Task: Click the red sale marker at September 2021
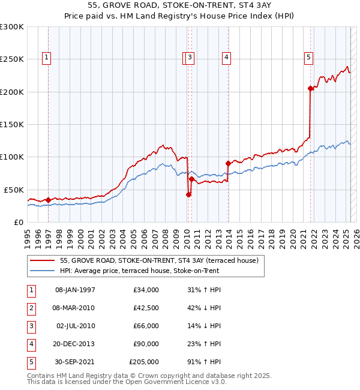(310, 89)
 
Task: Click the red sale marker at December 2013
(228, 163)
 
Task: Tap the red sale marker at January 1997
(48, 200)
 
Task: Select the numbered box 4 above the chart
(227, 58)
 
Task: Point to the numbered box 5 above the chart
(308, 58)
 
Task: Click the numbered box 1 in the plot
(46, 58)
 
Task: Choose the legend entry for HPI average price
(139, 271)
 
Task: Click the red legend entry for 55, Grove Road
(158, 260)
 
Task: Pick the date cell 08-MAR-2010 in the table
(75, 308)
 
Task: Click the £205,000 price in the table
(144, 362)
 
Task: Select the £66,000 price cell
(146, 326)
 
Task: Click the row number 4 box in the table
(29, 344)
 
